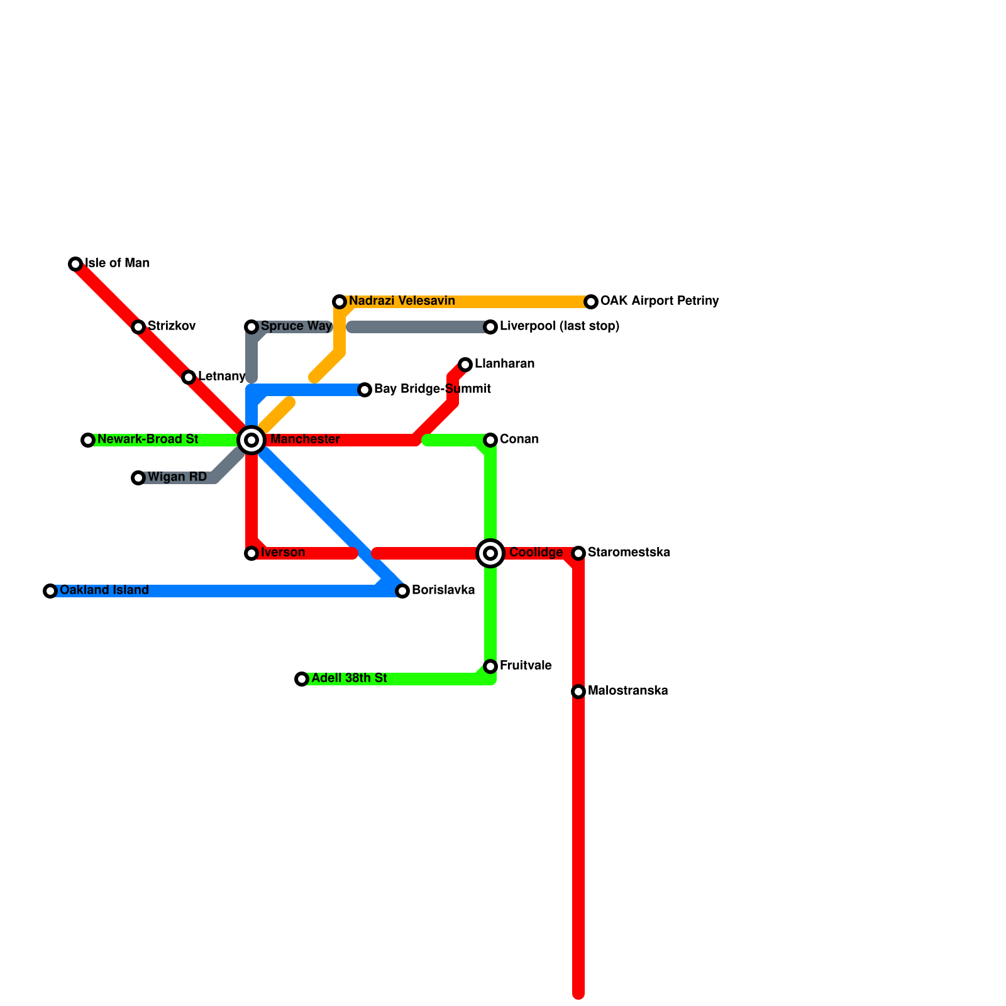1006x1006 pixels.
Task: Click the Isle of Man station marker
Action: tap(75, 264)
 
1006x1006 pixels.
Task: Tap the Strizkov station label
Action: tap(172, 326)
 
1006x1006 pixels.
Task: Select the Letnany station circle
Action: tap(189, 377)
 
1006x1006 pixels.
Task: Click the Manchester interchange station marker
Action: tap(251, 440)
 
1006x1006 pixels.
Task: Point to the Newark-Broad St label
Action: tap(148, 439)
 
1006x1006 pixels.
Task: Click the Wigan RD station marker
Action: tap(138, 478)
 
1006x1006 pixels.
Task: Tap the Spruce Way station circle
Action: tap(251, 327)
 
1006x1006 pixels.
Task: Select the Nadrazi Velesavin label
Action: tap(402, 301)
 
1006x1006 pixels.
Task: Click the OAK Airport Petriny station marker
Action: tap(591, 302)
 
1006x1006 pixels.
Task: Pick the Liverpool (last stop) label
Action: tap(560, 326)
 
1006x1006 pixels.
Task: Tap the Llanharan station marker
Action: tap(465, 365)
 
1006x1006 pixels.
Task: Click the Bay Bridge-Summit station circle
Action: tap(365, 390)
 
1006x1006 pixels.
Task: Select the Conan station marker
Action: tap(490, 440)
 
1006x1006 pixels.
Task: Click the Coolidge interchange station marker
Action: tap(490, 553)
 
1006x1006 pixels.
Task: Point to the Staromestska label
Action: tap(629, 553)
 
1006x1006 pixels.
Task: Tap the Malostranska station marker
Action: tap(578, 692)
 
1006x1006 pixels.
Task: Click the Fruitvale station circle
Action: tap(490, 666)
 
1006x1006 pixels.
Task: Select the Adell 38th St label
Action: tap(349, 678)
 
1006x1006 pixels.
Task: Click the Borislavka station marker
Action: tap(402, 591)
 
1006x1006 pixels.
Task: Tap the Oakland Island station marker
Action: tap(50, 591)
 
